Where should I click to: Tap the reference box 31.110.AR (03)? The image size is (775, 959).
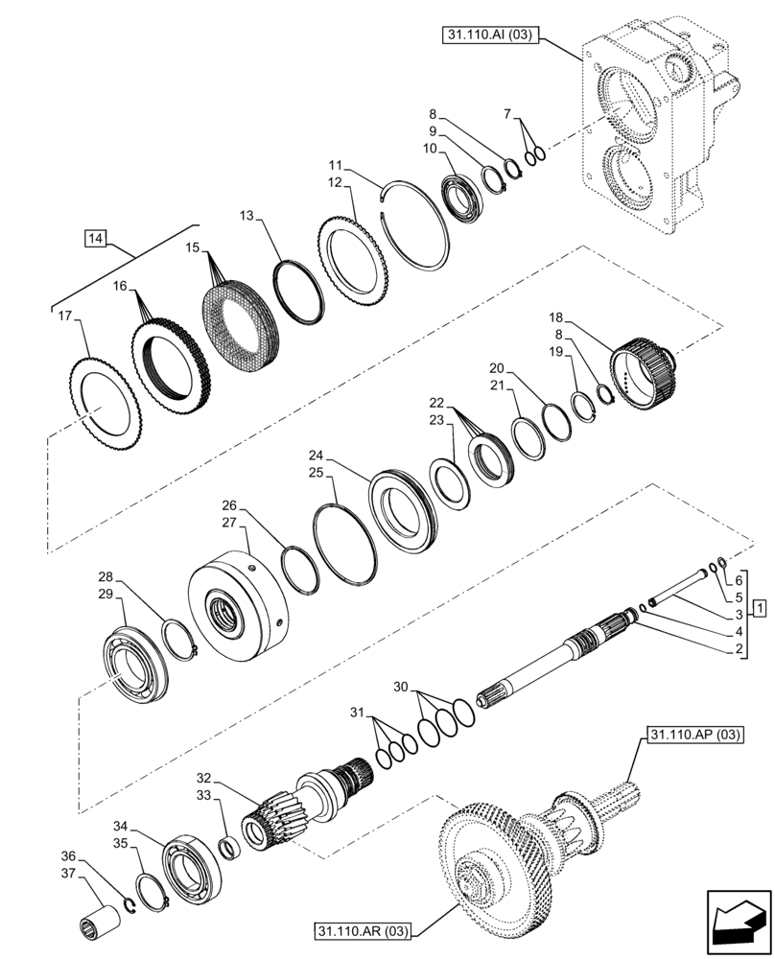click(x=361, y=930)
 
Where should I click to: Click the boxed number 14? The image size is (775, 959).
click(x=96, y=237)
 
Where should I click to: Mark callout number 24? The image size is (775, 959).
click(x=316, y=454)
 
